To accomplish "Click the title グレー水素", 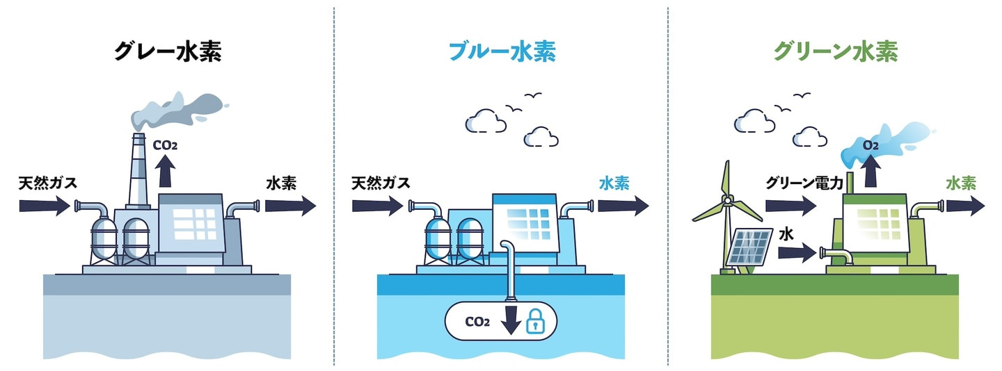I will (x=167, y=52).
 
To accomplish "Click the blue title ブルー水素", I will (x=501, y=52).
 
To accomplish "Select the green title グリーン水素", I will (x=835, y=52).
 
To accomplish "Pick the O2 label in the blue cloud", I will (x=870, y=146).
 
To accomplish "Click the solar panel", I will (x=749, y=247).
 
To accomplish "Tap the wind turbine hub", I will (x=727, y=201).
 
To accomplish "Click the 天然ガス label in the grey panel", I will (x=47, y=183).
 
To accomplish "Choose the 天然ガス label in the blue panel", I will (x=381, y=183).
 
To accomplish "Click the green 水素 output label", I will (x=960, y=183).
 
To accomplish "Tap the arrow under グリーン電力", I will (x=790, y=206).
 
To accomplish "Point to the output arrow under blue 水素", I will (x=623, y=206).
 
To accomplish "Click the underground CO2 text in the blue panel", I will (x=477, y=322).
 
